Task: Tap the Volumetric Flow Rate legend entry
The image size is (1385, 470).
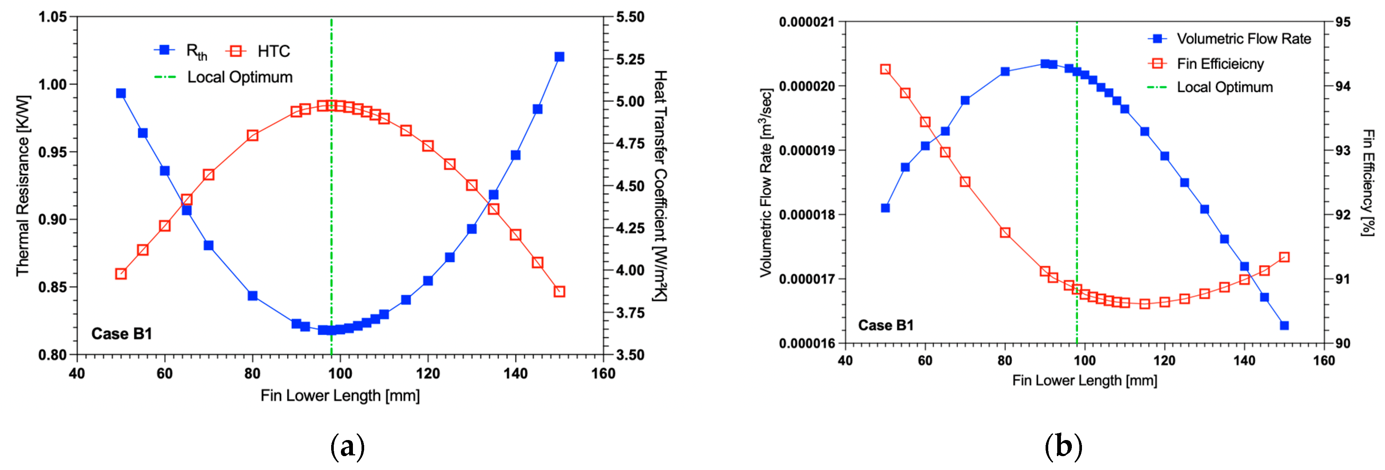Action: click(x=1229, y=39)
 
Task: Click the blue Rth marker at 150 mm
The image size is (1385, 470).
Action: click(x=559, y=57)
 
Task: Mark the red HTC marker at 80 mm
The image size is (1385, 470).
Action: click(x=253, y=135)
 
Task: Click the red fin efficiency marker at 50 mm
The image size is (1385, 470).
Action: click(x=885, y=69)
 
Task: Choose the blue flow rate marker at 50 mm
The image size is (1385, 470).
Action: click(x=885, y=208)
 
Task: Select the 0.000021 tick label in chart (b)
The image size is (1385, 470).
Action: click(x=806, y=22)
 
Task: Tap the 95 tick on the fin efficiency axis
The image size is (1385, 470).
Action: click(x=1343, y=22)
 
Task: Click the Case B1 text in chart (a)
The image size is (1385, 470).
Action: click(x=122, y=334)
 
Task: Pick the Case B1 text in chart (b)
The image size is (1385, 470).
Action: click(x=885, y=325)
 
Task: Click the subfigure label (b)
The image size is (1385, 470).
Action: click(x=1063, y=446)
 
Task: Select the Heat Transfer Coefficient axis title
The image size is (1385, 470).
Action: click(x=660, y=185)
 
